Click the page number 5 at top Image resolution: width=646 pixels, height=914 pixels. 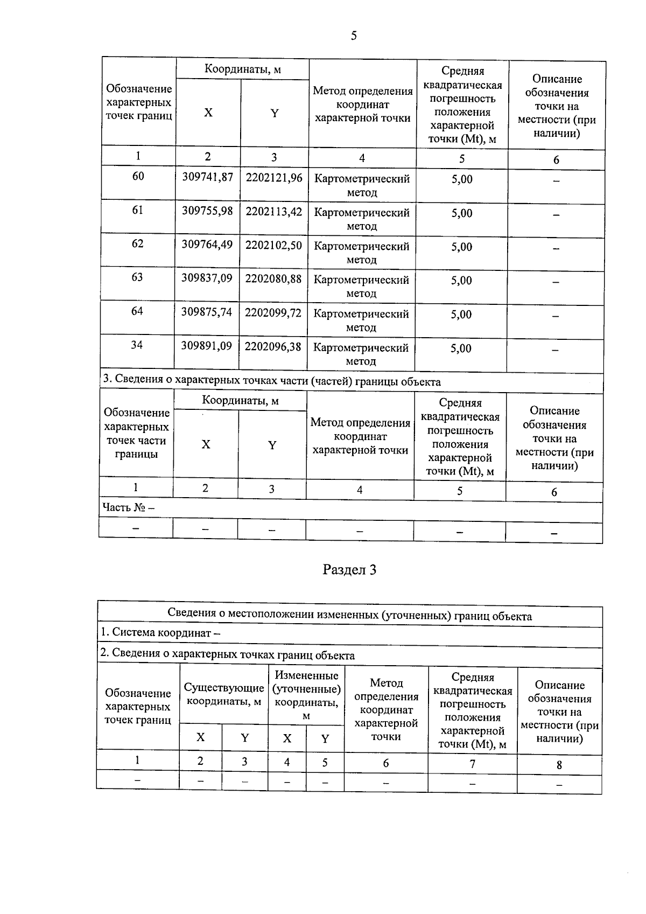(x=353, y=36)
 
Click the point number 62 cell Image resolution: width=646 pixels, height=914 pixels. (x=138, y=244)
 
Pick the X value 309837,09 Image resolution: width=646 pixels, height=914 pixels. (x=207, y=279)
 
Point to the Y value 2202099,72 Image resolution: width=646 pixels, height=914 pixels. (x=273, y=313)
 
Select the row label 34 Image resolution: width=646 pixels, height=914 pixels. (x=137, y=345)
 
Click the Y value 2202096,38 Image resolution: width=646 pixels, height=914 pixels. (x=272, y=347)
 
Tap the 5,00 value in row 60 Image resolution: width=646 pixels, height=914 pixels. (x=462, y=179)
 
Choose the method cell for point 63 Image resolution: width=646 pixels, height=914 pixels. (x=361, y=287)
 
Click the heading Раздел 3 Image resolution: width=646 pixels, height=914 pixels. (x=349, y=570)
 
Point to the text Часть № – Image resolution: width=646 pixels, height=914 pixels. (x=129, y=508)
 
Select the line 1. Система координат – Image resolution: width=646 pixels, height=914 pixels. (x=160, y=633)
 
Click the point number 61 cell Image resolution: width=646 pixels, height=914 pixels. (x=138, y=210)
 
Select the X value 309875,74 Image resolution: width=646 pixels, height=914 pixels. (x=206, y=312)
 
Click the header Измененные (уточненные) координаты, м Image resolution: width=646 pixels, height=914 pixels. (x=306, y=695)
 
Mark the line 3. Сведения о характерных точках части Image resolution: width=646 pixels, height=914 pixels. (x=271, y=382)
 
